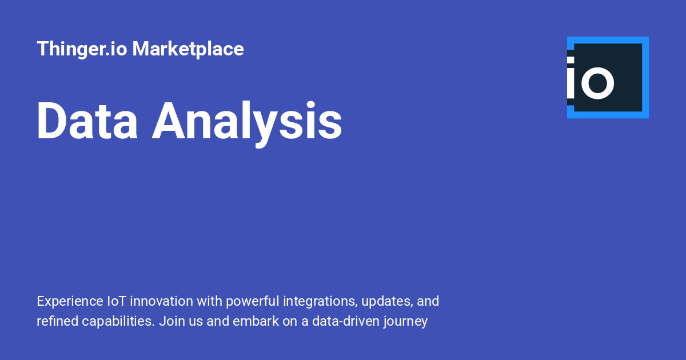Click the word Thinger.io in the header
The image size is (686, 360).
tap(82, 49)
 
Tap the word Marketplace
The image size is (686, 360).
tap(188, 49)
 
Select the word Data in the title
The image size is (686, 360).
tap(87, 121)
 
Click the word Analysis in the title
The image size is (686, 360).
tap(247, 123)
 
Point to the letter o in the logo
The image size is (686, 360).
tap(597, 83)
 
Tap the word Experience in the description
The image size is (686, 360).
tap(70, 302)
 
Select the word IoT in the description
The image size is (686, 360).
tap(117, 301)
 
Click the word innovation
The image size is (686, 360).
tap(161, 301)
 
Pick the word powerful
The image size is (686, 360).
tap(253, 302)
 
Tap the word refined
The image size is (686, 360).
tap(57, 321)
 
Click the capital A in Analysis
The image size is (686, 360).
tap(170, 121)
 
